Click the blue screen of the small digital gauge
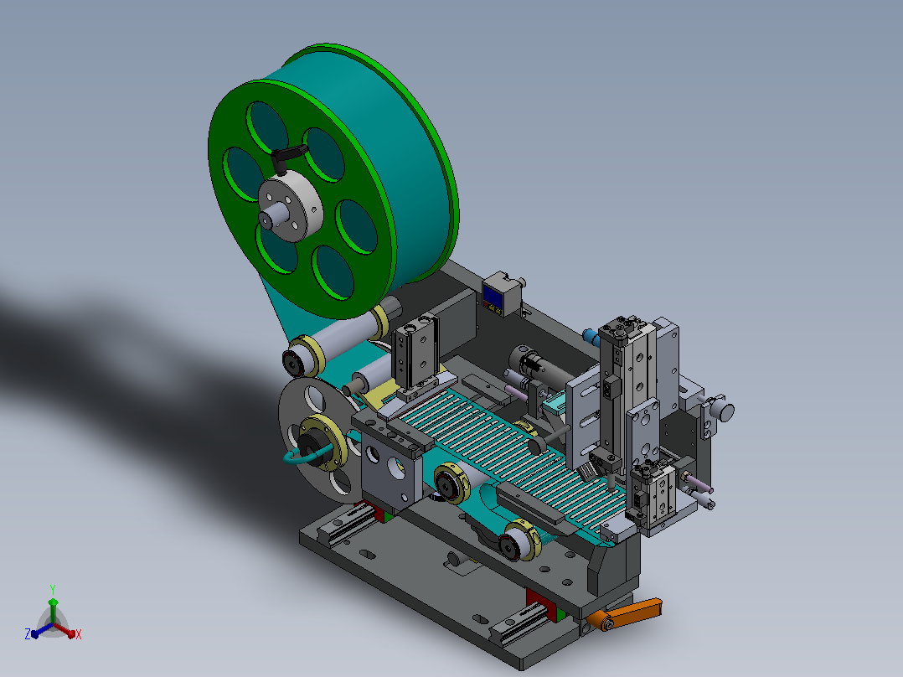click(491, 296)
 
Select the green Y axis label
click(53, 590)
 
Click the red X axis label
click(79, 634)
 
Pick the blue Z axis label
click(27, 634)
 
